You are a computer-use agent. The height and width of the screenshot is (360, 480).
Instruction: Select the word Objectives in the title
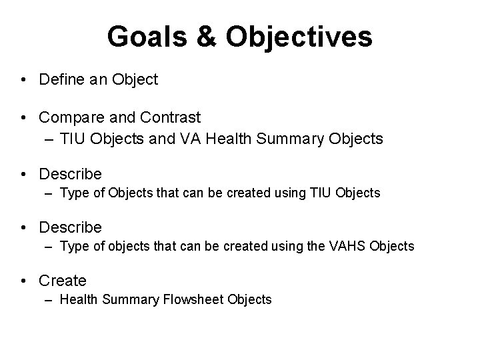click(x=299, y=37)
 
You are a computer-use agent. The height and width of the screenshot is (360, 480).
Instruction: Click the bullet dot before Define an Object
click(x=23, y=81)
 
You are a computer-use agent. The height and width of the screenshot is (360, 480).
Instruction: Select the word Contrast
click(x=171, y=118)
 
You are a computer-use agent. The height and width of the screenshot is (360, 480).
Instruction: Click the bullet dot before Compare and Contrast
click(x=23, y=119)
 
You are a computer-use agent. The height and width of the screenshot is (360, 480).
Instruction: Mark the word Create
click(x=63, y=281)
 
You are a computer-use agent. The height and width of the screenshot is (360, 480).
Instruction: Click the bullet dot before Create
click(x=23, y=281)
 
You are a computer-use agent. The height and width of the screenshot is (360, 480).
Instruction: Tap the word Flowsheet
click(x=193, y=300)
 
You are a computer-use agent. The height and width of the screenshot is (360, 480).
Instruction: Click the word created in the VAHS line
click(x=243, y=247)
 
